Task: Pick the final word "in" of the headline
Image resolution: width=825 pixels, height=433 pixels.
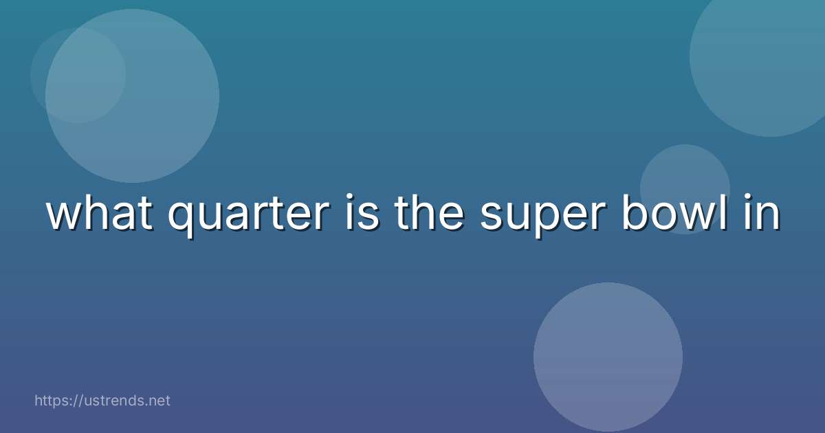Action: tap(764, 214)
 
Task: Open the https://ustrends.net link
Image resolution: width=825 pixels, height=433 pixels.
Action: tap(102, 400)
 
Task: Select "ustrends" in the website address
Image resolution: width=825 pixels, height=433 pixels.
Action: tap(110, 400)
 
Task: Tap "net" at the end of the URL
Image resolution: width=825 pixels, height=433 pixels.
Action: tap(159, 400)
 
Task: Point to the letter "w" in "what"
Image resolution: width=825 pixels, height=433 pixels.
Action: tap(64, 216)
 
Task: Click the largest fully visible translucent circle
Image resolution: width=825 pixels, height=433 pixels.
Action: tap(132, 96)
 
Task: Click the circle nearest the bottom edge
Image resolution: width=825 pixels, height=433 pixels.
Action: tap(608, 357)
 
